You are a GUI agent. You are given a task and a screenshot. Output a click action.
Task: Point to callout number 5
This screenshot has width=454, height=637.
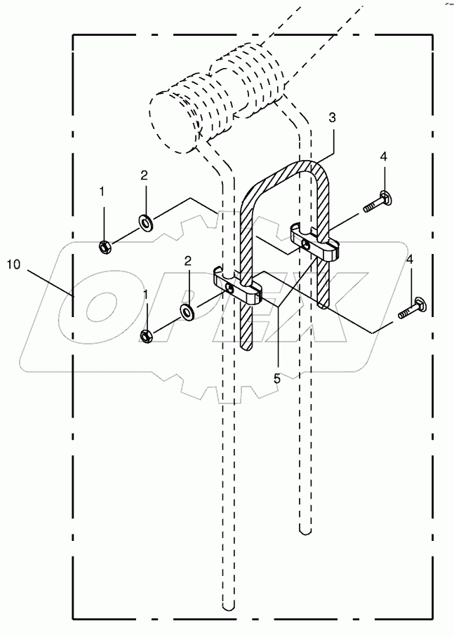pos(276,377)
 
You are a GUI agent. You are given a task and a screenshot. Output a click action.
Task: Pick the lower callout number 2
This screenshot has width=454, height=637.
pos(187,261)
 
